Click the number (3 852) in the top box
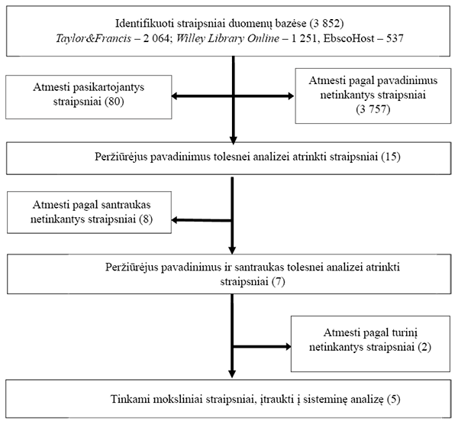click(x=327, y=23)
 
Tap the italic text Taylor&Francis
click(x=93, y=38)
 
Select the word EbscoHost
click(x=349, y=38)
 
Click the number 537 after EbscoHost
click(x=395, y=38)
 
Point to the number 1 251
click(x=304, y=38)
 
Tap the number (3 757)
click(x=373, y=109)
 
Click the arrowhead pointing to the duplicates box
click(x=175, y=96)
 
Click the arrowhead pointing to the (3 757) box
click(x=291, y=96)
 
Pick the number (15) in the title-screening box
click(x=391, y=157)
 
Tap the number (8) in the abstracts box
click(x=146, y=219)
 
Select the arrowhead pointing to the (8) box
click(x=175, y=220)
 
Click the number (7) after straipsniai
click(x=278, y=281)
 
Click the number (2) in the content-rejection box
click(x=424, y=347)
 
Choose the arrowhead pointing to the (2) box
click(x=288, y=347)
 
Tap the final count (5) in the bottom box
click(x=393, y=399)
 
